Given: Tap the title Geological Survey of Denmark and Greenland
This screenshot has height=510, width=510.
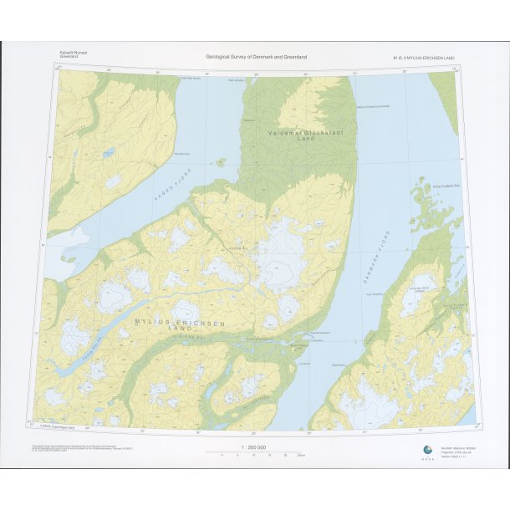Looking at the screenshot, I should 257,57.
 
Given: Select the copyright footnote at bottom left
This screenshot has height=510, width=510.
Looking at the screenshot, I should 79,449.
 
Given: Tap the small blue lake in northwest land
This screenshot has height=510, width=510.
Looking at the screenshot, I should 109,153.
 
